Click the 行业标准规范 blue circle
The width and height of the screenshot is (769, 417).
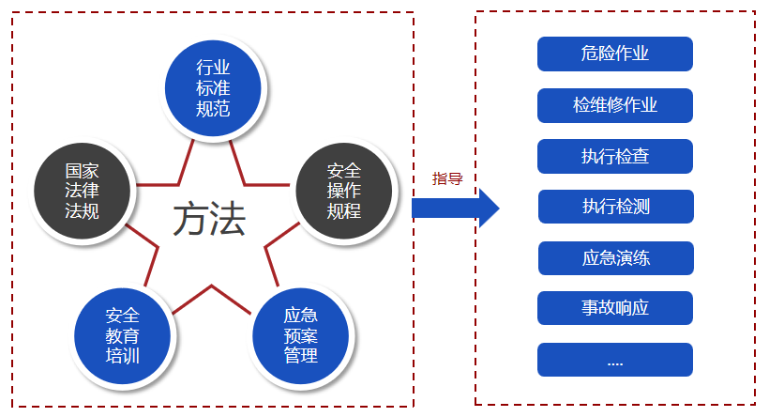pos(213,88)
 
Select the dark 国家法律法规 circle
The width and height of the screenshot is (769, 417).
pos(82,191)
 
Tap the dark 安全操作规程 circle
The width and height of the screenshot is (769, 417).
pos(344,191)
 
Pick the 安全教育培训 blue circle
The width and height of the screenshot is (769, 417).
pos(122,336)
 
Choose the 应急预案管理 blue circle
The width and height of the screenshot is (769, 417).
pos(301,336)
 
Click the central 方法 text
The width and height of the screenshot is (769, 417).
pos(209,219)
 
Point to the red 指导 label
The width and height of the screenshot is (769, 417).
pos(447,178)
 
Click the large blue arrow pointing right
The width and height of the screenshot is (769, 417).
pos(455,208)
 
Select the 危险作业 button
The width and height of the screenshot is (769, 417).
pos(615,54)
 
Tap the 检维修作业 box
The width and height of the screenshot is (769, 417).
pos(615,105)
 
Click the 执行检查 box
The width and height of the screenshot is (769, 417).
pos(615,156)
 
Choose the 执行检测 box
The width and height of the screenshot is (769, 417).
pos(616,207)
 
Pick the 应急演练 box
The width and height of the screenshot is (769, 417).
pos(616,258)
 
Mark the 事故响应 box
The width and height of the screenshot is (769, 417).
pos(615,308)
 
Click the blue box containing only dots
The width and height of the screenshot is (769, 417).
pos(615,360)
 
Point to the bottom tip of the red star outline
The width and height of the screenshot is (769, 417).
pos(211,286)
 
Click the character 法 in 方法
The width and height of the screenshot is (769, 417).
pos(228,220)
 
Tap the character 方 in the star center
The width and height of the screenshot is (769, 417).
pos(190,220)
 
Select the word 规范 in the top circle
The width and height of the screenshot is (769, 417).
pos(213,109)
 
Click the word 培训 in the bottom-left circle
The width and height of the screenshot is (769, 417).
pos(122,356)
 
